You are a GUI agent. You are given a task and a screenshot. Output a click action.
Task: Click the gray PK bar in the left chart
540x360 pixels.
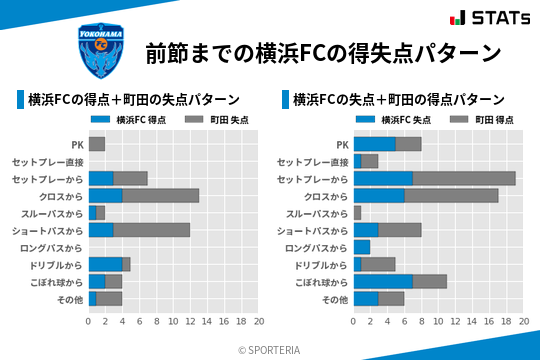96,144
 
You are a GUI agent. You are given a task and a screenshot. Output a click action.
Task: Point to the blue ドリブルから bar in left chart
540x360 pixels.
105,264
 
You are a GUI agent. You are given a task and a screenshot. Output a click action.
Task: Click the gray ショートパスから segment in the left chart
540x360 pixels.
152,230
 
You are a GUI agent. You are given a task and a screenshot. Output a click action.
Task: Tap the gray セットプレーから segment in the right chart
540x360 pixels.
464,178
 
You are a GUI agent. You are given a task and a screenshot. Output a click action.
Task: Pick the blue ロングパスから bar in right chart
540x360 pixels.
361,247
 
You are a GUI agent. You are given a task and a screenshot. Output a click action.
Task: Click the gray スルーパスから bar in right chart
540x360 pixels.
357,213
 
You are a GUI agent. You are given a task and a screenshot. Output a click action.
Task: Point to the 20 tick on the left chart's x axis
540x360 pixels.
258,322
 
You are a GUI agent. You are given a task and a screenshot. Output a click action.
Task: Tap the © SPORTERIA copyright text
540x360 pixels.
270,349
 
